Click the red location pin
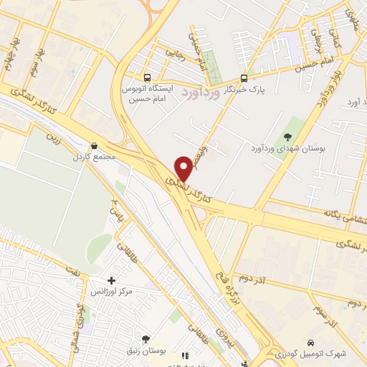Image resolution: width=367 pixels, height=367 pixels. click(x=186, y=168)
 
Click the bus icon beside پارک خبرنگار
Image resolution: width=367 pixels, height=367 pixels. click(x=244, y=78)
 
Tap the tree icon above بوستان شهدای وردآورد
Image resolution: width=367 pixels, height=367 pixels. click(x=288, y=137)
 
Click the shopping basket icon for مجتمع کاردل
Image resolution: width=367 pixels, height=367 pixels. click(x=95, y=146)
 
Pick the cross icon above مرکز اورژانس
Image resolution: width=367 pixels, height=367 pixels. click(x=110, y=280)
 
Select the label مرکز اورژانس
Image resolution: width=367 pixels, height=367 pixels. click(x=108, y=292)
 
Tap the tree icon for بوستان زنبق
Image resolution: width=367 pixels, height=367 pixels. click(x=146, y=339)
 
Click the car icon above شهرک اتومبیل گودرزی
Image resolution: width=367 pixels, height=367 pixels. click(x=310, y=343)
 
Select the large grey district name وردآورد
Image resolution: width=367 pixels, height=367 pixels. click(x=203, y=92)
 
